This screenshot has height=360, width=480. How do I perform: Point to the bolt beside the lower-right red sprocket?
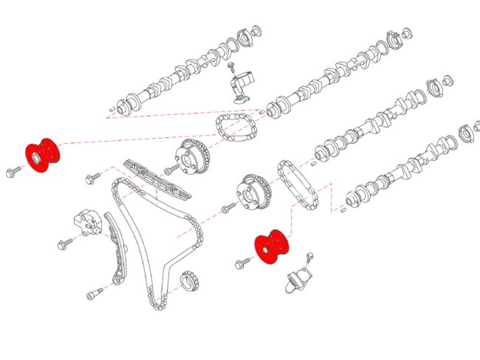(x=241, y=262)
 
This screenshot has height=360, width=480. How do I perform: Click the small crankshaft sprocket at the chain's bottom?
(x=191, y=282)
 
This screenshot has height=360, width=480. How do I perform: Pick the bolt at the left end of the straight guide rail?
(x=92, y=178)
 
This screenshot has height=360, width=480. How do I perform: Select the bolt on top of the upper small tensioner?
(x=232, y=68)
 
